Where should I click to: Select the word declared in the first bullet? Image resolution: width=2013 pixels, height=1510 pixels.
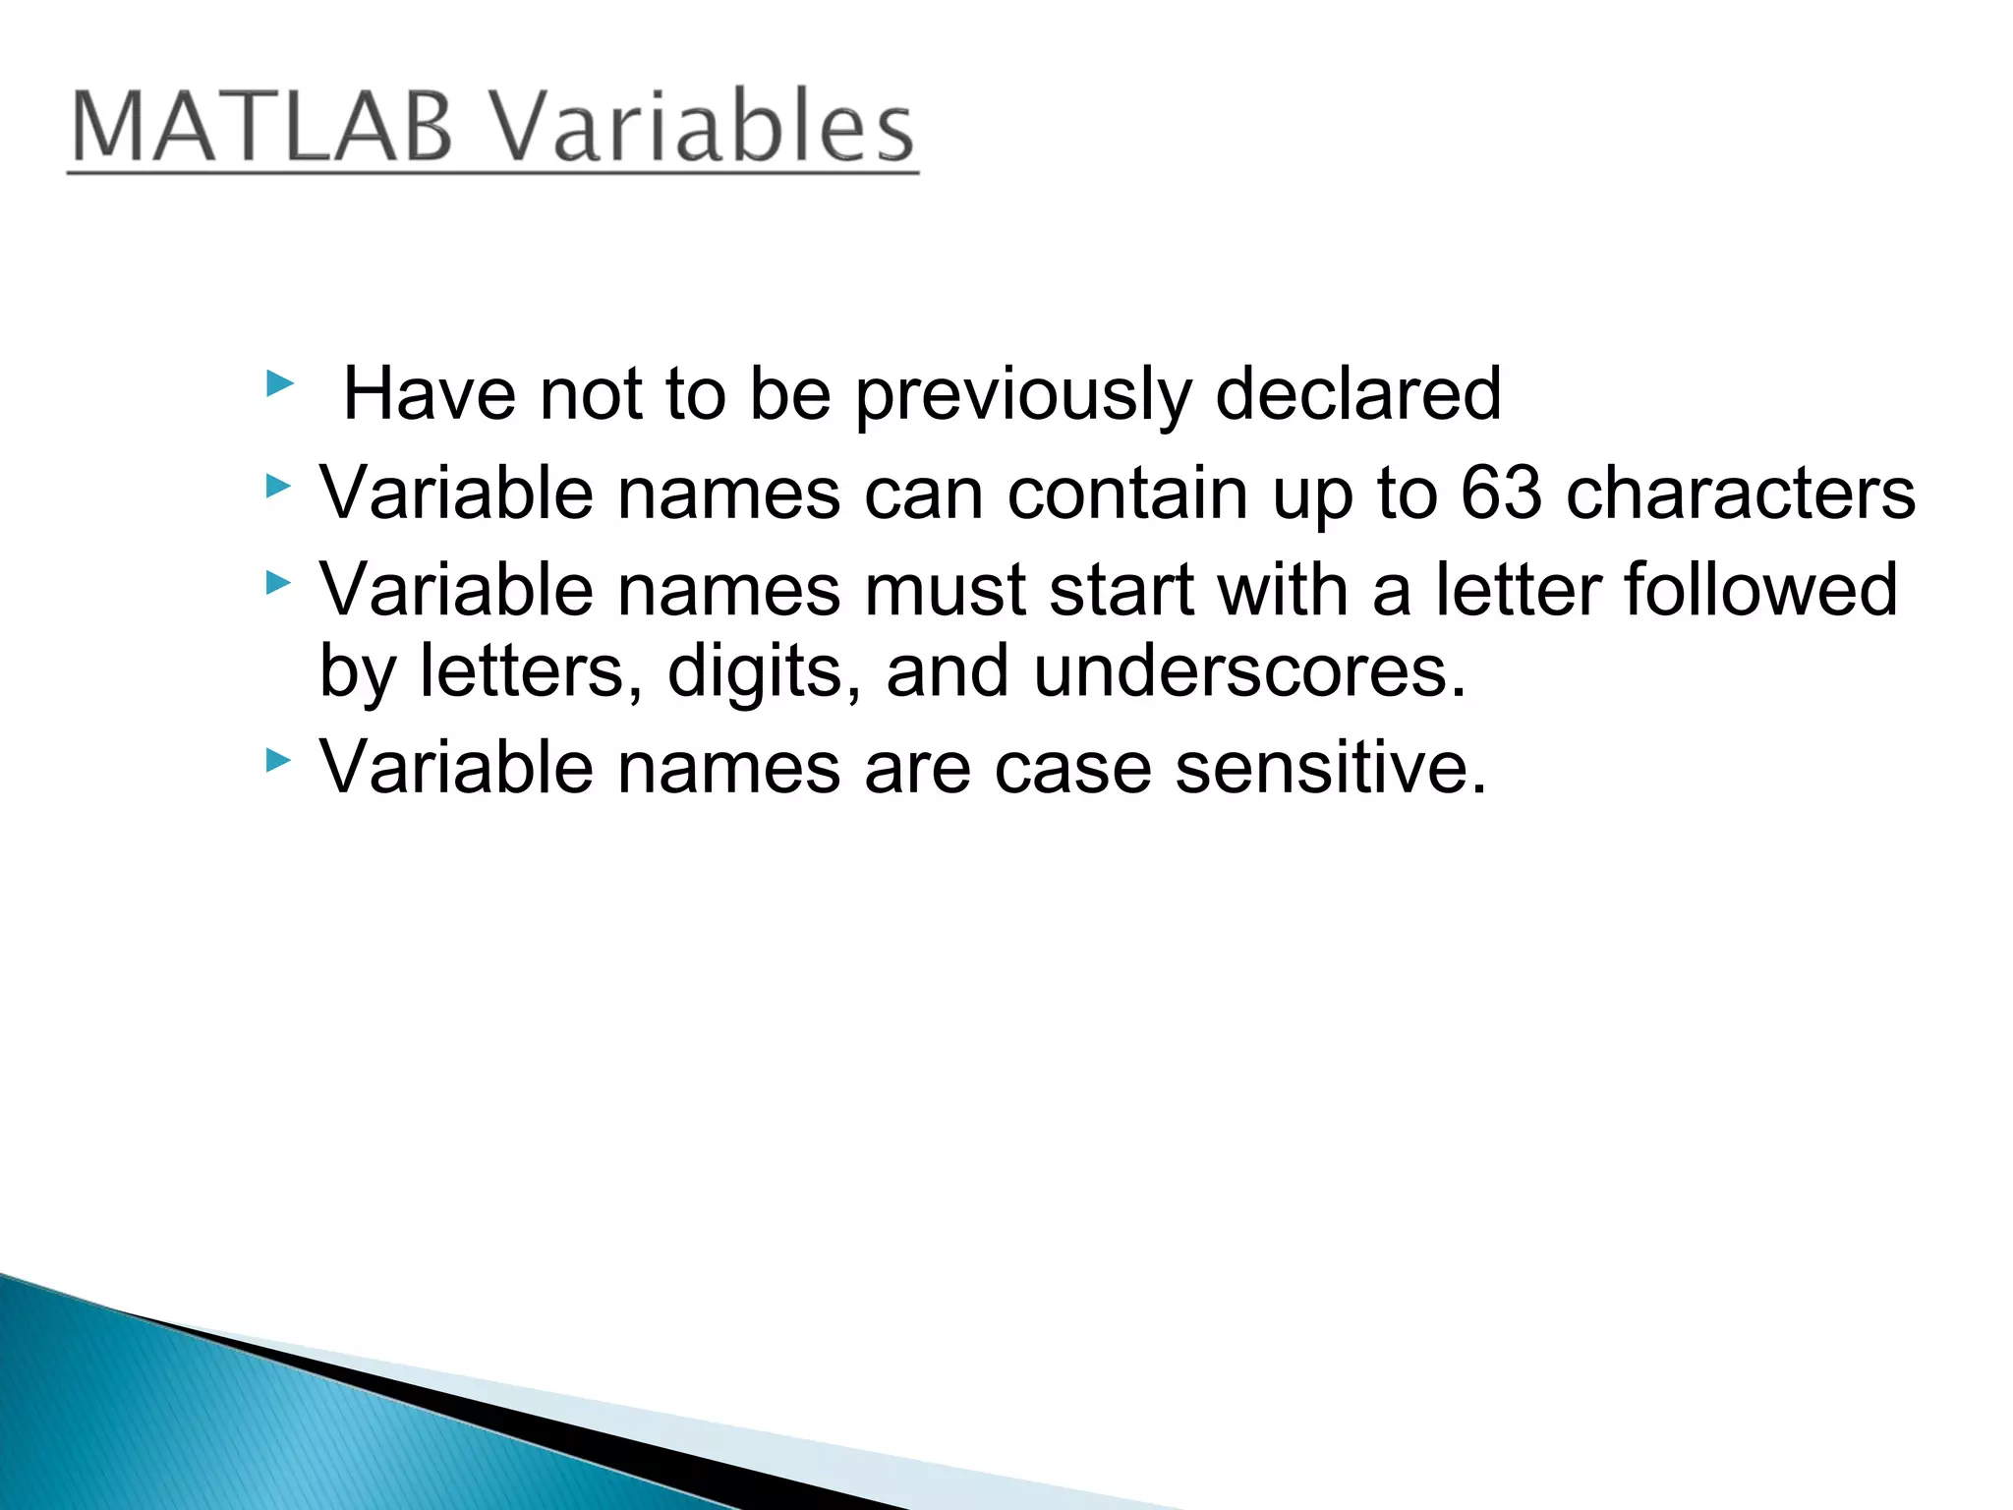tap(1357, 393)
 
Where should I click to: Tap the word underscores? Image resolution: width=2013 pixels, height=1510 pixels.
tap(1249, 670)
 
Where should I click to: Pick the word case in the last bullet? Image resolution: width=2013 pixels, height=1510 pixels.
tap(1072, 767)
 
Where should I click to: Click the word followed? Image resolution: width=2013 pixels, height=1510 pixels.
tap(1760, 589)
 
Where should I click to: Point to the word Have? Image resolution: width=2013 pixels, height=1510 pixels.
tap(430, 393)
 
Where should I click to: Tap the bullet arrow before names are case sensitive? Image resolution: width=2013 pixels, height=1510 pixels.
tap(279, 760)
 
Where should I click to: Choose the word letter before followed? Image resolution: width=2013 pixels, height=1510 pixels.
tap(1518, 589)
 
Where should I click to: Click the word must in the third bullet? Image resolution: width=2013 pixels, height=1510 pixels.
tap(944, 589)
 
